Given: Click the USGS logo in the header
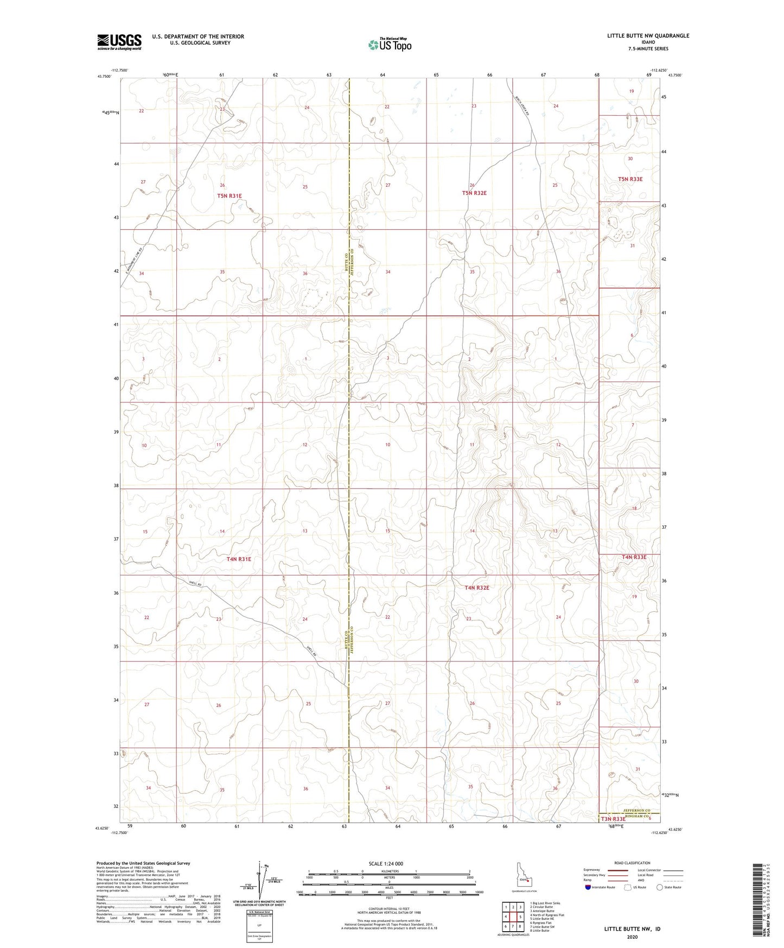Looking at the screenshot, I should pos(119,42).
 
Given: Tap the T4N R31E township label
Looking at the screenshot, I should pos(239,559).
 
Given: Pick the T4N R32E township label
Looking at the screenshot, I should pos(477,587).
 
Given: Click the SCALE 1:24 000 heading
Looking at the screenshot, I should pos(386,863).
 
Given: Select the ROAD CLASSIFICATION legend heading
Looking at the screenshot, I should pos(633,863).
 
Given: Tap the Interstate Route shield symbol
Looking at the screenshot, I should pos(588,887).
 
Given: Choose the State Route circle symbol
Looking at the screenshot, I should pos(659,887).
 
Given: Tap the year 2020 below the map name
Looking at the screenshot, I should pos(632,937).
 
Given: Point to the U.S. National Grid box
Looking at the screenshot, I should pos(258,925).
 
